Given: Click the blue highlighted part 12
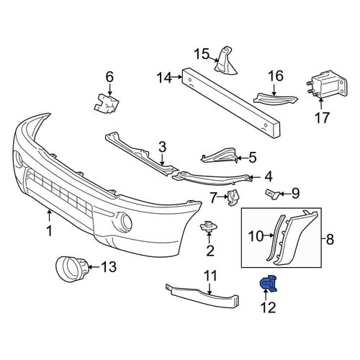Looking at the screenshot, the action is point(269,284).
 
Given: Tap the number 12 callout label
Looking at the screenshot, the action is point(269,307).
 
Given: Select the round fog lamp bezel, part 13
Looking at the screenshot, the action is point(71,268).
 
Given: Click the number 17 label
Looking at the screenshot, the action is point(322,117).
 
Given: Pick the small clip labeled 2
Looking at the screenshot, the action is point(209,227).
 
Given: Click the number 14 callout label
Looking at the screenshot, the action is point(164,78).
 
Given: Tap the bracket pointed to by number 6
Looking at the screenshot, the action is point(107,103).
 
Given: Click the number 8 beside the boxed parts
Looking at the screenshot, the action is point(330,239).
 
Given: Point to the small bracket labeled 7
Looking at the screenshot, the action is point(233,198).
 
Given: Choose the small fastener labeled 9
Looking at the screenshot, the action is point(271,194).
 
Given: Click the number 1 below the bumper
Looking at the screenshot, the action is point(49,231).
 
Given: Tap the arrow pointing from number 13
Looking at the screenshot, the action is point(95,266).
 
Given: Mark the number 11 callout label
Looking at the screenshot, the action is point(210,276).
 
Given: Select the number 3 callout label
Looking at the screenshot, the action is point(163,147).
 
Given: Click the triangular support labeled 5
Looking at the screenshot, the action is point(220,156).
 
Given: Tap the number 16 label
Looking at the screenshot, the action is point(276,76).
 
